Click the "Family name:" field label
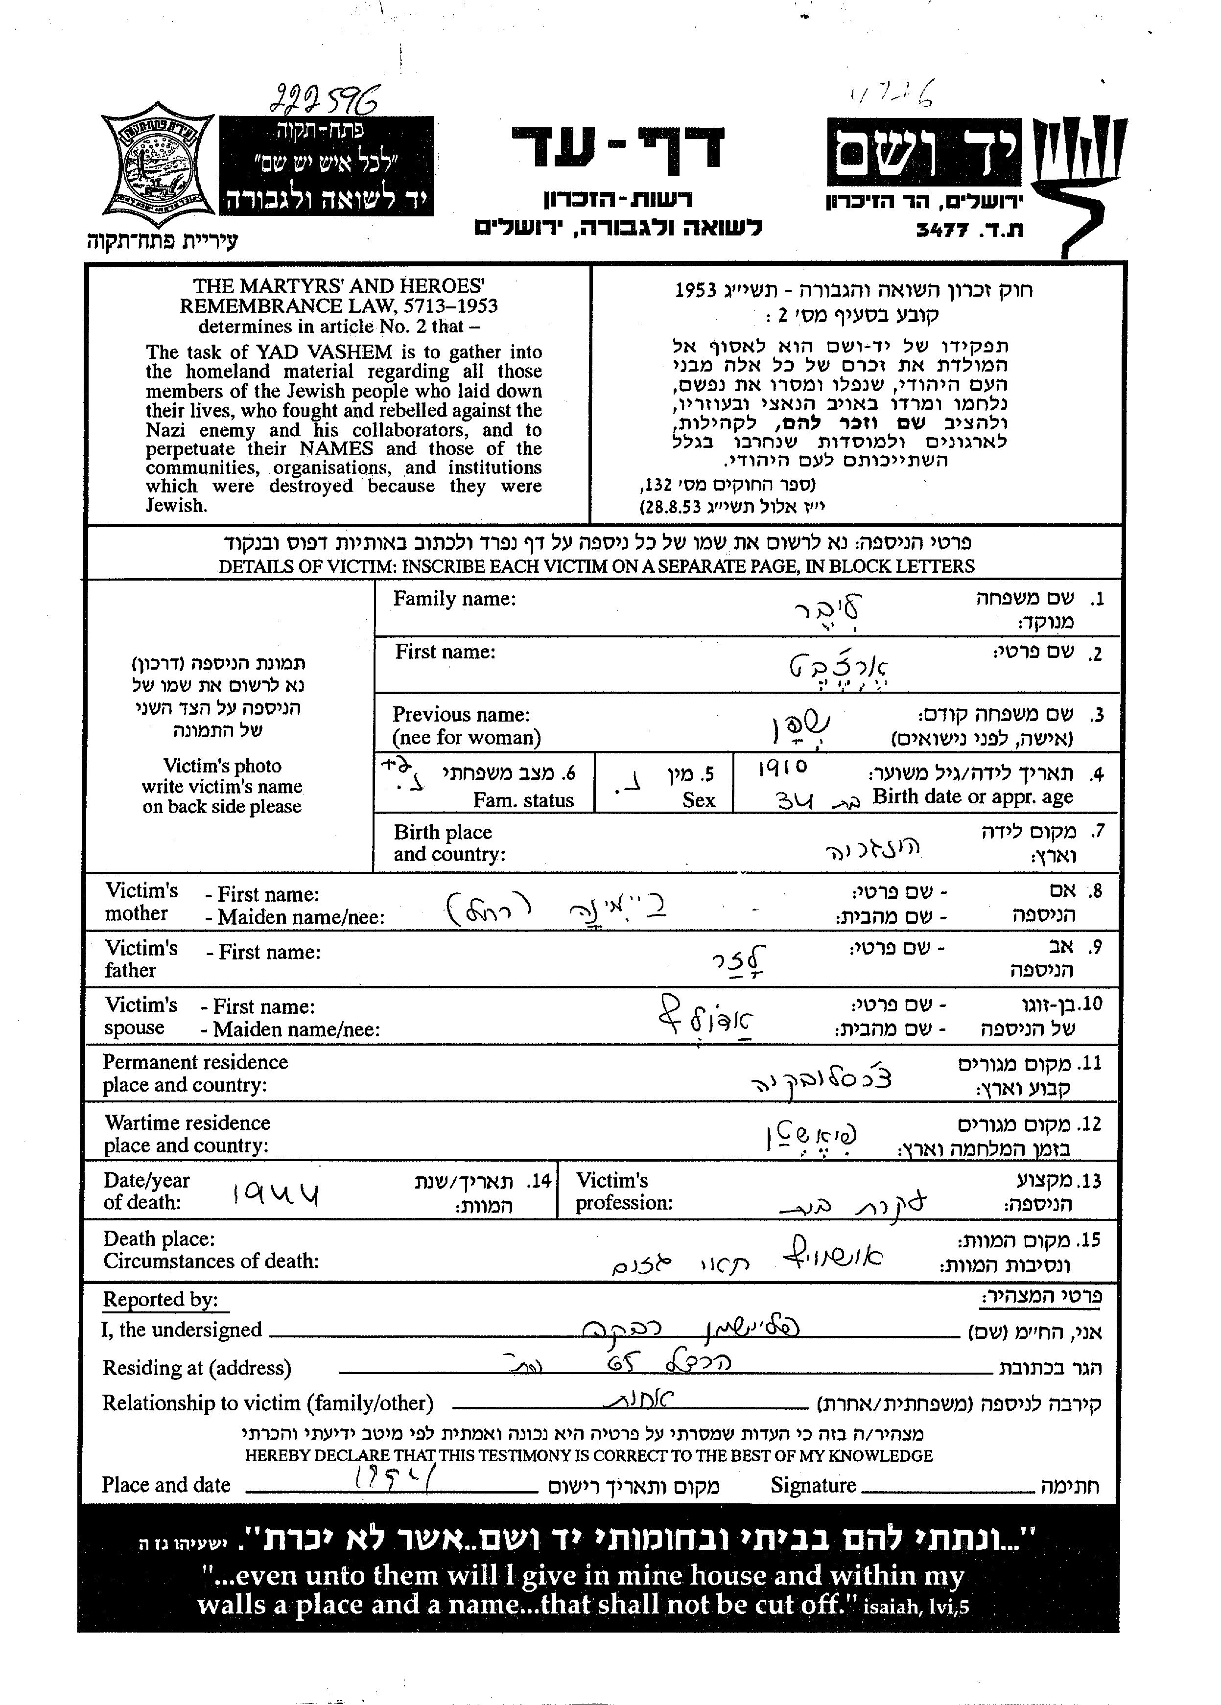click(x=454, y=599)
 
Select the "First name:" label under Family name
click(x=445, y=652)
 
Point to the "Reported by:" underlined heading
click(x=160, y=1300)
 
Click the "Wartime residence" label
click(x=187, y=1123)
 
